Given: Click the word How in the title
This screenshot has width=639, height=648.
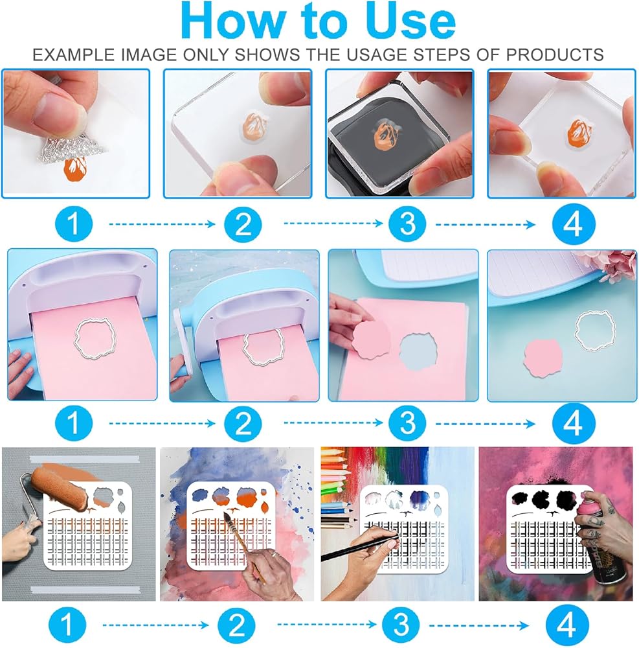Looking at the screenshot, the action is [234, 21].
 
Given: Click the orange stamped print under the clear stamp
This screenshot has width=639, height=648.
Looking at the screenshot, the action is [75, 169].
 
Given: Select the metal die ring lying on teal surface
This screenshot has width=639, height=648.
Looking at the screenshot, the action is [595, 330].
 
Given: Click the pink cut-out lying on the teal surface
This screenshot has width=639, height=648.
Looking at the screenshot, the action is [543, 358].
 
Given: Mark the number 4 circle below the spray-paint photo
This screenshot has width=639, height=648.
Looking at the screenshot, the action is [566, 625].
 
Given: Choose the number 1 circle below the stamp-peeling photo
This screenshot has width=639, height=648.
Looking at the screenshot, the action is [73, 224].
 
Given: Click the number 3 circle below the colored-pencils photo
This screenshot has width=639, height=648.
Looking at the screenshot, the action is [401, 625].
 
